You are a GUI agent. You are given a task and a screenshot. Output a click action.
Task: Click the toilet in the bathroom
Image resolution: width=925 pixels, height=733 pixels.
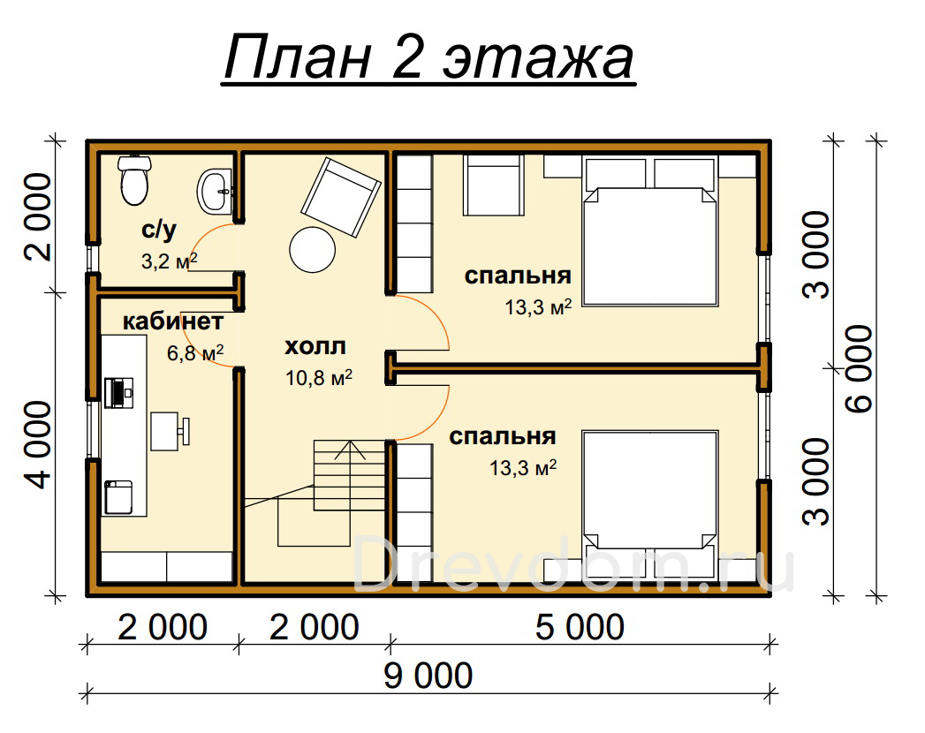point(134,180)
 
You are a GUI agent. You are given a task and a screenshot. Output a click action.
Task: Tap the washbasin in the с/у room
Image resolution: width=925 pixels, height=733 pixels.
point(215,192)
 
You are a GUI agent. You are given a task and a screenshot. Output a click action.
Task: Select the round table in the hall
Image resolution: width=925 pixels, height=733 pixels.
point(313,249)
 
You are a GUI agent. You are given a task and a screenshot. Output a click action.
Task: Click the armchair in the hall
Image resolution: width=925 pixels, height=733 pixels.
point(341,197)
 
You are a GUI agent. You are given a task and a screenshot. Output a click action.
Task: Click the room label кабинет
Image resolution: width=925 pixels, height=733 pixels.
point(173,321)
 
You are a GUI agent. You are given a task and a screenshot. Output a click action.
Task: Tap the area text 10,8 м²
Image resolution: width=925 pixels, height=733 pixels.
point(319,377)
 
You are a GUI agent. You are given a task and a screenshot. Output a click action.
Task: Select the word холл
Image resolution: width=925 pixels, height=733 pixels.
point(315,346)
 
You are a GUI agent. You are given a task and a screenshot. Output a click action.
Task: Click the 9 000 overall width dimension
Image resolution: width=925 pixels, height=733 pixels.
point(428,676)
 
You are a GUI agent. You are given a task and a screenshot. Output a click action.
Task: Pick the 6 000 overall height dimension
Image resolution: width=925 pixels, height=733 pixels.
point(859,368)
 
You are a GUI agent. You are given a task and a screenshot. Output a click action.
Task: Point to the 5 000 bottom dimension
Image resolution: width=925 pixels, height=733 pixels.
point(580,627)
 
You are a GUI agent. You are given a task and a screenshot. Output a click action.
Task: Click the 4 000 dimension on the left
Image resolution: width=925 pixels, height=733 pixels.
point(40,445)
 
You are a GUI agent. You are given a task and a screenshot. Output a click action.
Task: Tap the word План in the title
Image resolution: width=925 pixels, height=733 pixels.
point(298,58)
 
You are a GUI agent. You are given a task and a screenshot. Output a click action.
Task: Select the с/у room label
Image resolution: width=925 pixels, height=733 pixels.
point(159,230)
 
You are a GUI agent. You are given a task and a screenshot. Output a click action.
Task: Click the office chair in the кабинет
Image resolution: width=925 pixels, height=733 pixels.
point(170,431)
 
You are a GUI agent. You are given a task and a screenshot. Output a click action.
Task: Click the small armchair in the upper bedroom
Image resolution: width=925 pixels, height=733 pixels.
point(494,185)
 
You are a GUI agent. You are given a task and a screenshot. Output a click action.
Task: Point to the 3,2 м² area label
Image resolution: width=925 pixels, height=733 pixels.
point(170,261)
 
